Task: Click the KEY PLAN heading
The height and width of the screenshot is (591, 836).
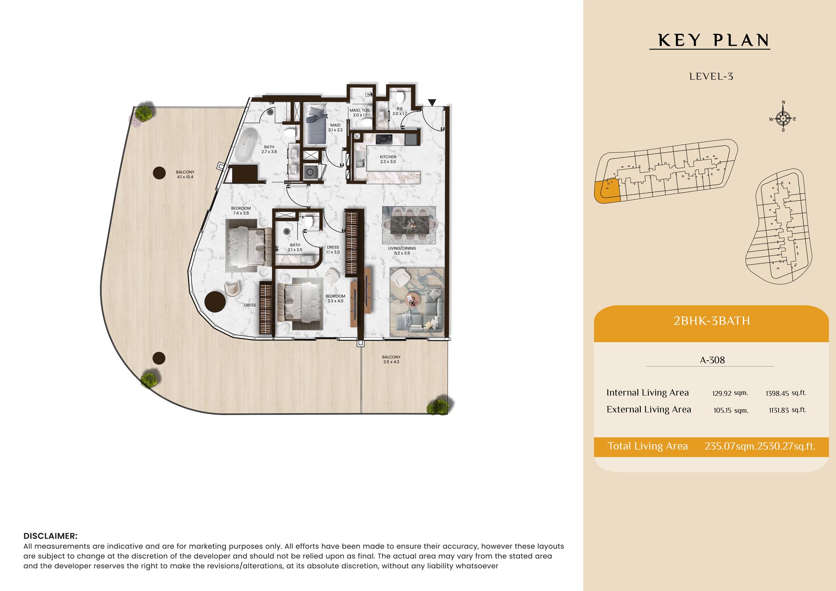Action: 714,41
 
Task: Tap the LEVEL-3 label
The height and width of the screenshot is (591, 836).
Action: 711,76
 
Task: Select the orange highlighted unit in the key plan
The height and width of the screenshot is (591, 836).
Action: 607,191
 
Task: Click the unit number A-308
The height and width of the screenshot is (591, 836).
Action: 712,360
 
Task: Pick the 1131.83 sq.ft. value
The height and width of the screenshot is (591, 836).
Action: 788,410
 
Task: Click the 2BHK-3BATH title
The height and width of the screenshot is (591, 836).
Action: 711,321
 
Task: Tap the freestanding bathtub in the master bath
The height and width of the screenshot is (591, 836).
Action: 246,145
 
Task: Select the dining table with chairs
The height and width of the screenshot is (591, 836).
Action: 409,225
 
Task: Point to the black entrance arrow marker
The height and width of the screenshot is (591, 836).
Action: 432,102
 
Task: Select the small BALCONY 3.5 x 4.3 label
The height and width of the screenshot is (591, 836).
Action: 391,359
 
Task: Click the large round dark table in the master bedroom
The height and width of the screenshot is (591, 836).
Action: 215,302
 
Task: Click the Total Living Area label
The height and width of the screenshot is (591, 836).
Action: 647,446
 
